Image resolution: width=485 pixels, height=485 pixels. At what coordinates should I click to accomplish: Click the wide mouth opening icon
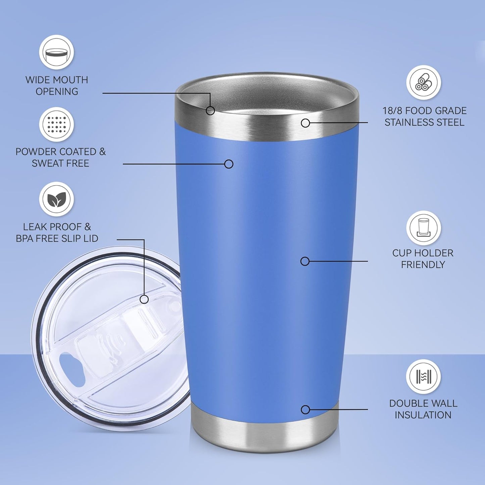(x=56, y=53)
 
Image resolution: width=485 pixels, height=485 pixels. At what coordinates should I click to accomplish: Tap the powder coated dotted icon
(x=56, y=125)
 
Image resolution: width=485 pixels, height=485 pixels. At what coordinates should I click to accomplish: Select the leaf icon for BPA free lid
(x=56, y=199)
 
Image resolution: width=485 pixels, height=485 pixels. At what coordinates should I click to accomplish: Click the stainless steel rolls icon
(x=424, y=82)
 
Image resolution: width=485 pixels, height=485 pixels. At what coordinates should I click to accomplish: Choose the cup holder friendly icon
(x=424, y=228)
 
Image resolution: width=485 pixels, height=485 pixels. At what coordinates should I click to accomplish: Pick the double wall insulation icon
(x=423, y=377)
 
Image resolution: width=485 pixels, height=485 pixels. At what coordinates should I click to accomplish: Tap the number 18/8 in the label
(x=392, y=111)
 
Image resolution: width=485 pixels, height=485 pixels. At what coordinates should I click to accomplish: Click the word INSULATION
(x=423, y=415)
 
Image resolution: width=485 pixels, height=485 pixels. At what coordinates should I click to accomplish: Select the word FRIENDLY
(x=423, y=265)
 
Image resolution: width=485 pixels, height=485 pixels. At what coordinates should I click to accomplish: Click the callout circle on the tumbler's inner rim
(x=210, y=110)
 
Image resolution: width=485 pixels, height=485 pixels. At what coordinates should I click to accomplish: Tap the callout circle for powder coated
(x=229, y=164)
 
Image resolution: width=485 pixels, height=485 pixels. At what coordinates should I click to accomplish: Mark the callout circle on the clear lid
(x=144, y=299)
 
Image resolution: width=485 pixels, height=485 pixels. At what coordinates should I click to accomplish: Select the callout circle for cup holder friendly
(x=305, y=261)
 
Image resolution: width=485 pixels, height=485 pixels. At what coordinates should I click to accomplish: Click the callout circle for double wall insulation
(x=305, y=409)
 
